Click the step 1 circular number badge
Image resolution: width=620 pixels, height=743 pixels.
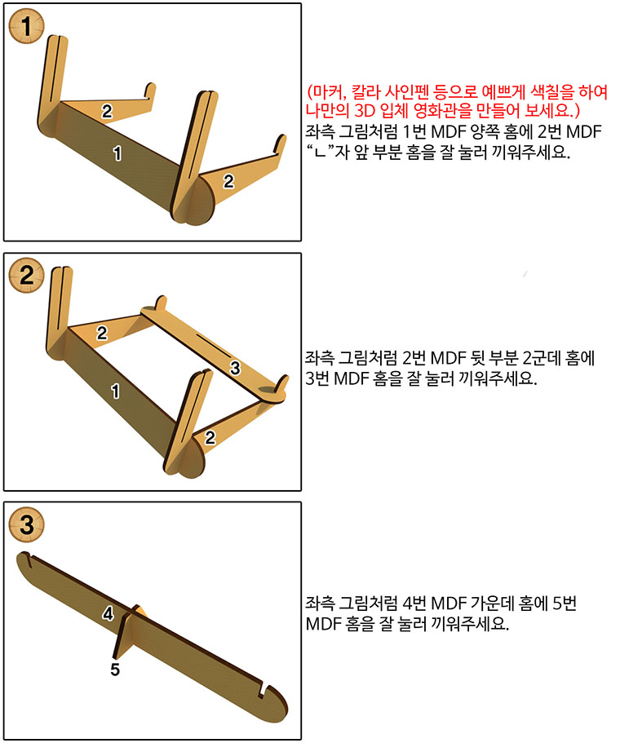point(27,26)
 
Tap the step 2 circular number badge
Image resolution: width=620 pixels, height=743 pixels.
point(27,276)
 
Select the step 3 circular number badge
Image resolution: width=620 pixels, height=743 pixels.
point(27,524)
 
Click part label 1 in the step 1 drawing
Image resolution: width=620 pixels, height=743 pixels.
point(117,153)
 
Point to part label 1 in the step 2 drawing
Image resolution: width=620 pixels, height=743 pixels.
point(115,391)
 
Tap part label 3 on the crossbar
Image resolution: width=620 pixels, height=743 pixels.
point(235,368)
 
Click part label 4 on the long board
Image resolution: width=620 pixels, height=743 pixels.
point(108,613)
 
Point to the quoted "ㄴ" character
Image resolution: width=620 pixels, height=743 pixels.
point(321,152)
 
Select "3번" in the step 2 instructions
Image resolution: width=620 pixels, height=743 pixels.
point(317,378)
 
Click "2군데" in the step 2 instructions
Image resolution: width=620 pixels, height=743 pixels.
point(542,358)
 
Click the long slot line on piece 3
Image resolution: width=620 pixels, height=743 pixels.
point(214,345)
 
